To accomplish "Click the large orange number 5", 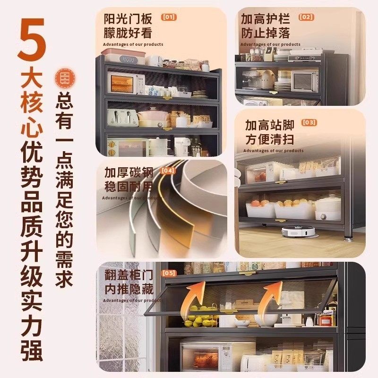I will pos(32,40).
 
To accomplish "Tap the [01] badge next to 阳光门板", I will pos(169,17).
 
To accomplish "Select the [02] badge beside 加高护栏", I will pos(306,17).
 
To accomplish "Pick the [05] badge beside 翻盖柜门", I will pos(169,273).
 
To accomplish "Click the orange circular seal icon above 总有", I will pos(63,79).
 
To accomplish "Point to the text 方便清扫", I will pos(269,140).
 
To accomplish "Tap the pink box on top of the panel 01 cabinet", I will pos(122,57).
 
